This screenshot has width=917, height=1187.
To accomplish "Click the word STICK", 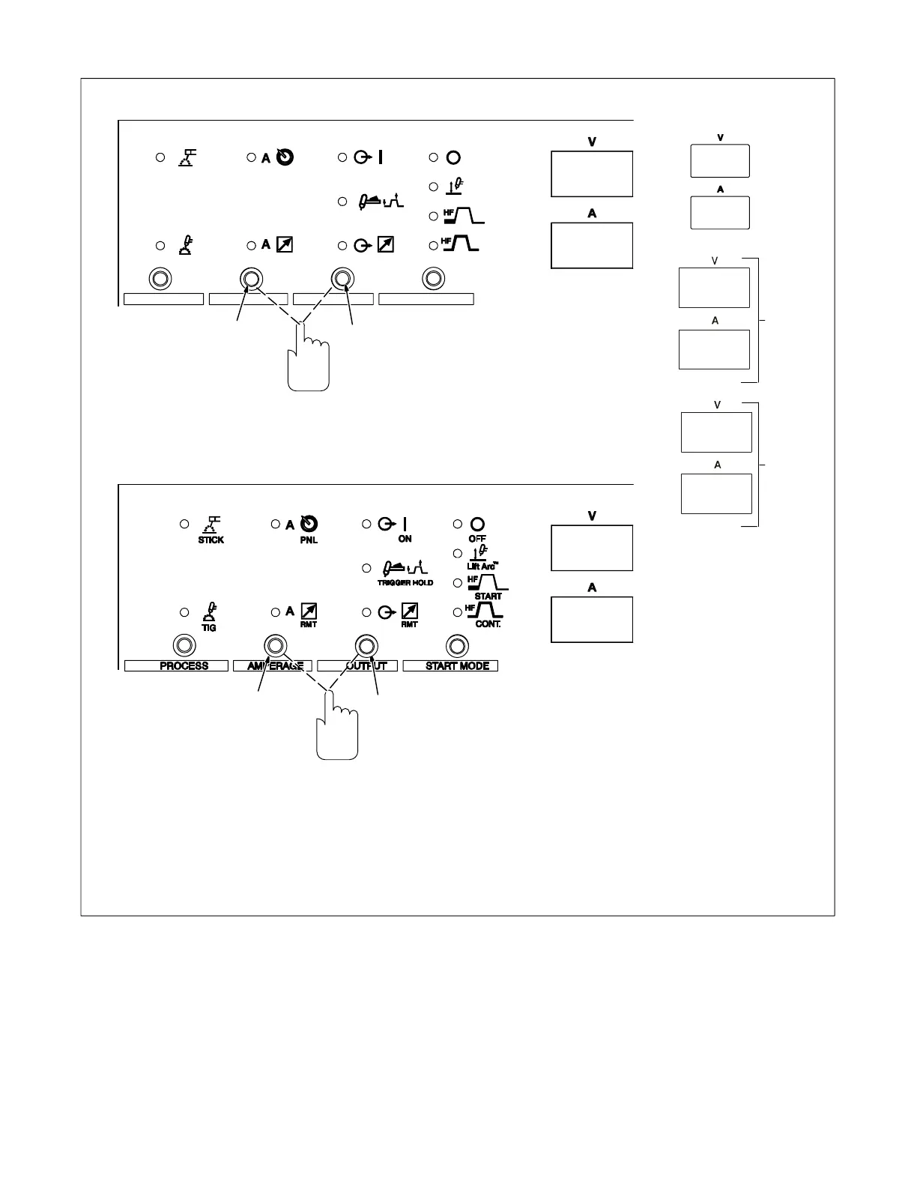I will click(211, 540).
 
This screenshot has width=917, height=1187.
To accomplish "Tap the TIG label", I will click(210, 628).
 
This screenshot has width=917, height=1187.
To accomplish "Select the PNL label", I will click(309, 540).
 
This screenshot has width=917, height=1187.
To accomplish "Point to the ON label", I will click(405, 539).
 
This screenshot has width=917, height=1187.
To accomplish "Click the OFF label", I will click(477, 539).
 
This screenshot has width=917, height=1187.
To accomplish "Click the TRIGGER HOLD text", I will click(405, 582).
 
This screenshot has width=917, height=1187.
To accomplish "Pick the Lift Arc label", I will click(480, 567).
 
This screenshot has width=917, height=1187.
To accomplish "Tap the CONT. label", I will click(488, 624).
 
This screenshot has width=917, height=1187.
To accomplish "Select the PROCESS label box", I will click(176, 665).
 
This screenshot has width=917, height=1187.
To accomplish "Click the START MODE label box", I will click(450, 665).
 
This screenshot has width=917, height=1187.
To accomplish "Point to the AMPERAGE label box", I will click(273, 665).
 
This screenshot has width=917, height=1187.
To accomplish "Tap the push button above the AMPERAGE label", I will click(275, 645).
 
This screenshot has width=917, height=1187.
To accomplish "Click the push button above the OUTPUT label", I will click(366, 645).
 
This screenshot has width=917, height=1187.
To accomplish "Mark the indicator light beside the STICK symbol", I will click(184, 525).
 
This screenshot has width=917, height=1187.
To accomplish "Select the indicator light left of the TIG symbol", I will click(184, 613).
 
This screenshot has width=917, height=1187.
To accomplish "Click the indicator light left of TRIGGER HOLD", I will click(367, 569).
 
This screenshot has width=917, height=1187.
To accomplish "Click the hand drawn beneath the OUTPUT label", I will click(337, 731).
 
